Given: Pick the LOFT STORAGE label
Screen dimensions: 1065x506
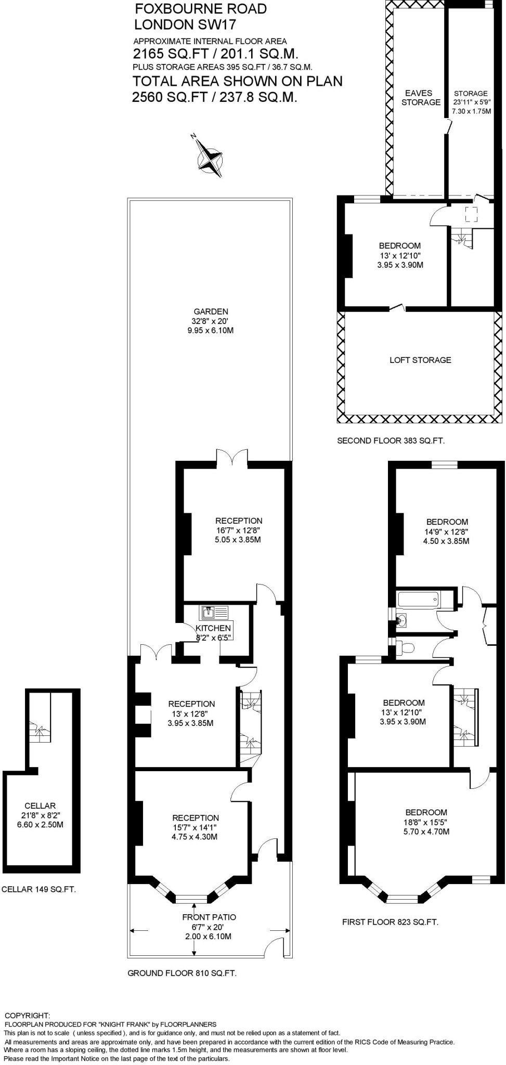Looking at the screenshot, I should coord(420,360).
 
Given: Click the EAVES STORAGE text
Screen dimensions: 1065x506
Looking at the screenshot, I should coord(420,98).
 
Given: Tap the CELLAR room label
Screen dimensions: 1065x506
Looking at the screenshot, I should coord(40,806).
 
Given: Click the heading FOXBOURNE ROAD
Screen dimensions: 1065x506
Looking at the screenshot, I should coord(200,9).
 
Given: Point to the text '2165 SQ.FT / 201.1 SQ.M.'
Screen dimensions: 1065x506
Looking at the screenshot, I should coord(215,54).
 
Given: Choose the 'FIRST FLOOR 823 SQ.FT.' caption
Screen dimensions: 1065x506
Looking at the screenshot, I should coord(390,922).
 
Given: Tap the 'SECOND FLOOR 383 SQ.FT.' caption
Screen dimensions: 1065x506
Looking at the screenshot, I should coord(391,441).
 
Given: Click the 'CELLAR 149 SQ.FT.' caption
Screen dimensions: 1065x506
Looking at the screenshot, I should coord(39,890).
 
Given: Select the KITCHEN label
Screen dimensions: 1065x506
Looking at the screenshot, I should coord(213,628).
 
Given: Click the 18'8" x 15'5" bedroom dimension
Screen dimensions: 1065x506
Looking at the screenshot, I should coord(426,822).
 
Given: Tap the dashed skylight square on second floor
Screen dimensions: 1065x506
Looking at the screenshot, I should coord(471,214).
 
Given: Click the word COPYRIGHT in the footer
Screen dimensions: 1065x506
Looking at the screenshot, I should coord(27,1015).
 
